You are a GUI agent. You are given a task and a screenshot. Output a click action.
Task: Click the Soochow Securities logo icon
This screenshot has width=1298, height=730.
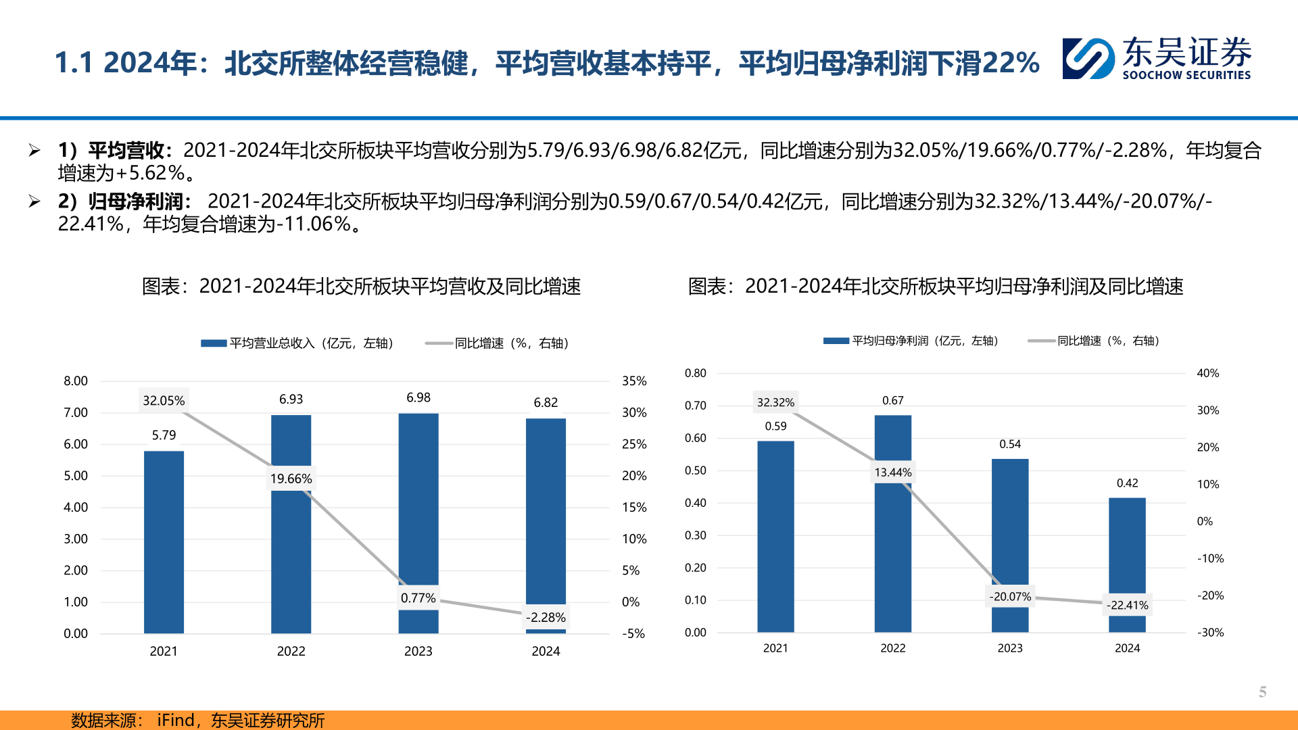click(x=1088, y=59)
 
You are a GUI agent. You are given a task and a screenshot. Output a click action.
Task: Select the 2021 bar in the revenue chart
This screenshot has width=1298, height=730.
click(x=164, y=541)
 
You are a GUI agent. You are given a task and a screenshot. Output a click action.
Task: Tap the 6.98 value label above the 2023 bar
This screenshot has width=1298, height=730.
click(x=418, y=397)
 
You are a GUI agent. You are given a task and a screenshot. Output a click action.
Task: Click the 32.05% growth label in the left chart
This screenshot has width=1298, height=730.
click(x=164, y=401)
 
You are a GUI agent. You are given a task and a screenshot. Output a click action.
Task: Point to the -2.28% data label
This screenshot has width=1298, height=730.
click(x=546, y=617)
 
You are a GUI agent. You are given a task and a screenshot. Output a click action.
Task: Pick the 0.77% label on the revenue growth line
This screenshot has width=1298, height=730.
click(x=418, y=598)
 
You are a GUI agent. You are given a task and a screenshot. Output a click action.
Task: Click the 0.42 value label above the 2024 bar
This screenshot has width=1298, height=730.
click(x=1127, y=483)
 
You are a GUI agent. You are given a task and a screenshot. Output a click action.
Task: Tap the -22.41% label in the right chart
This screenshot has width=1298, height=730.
click(x=1127, y=605)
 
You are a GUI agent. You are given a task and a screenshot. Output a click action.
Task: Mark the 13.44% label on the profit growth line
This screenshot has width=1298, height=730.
click(x=892, y=472)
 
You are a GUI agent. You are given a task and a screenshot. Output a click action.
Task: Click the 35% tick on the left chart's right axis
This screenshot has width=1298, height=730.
click(x=634, y=381)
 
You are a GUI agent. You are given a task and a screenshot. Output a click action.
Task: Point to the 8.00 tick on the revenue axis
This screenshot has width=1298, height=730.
click(x=76, y=381)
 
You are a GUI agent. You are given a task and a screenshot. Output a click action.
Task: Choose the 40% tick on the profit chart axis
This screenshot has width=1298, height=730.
click(x=1207, y=373)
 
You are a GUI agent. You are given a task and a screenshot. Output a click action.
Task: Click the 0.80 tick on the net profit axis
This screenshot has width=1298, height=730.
click(x=695, y=373)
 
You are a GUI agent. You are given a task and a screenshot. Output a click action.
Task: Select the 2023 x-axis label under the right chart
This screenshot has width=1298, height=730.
click(x=1010, y=648)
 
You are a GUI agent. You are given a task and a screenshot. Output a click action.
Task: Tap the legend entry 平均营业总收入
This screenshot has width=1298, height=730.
click(x=297, y=343)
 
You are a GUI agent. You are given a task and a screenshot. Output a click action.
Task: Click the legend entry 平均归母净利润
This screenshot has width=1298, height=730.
click(x=911, y=341)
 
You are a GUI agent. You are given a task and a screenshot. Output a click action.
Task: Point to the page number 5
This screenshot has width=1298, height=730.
click(x=1262, y=691)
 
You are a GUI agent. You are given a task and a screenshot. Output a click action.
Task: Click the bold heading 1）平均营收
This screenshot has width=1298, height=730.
click(x=112, y=150)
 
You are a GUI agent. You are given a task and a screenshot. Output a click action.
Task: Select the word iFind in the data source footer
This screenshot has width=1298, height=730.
click(x=176, y=721)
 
